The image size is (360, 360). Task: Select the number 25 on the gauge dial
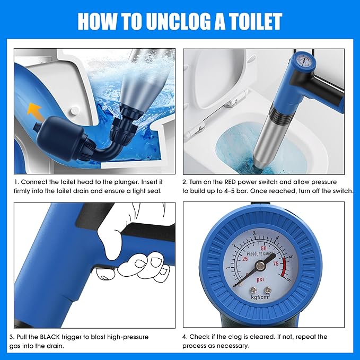click(245, 259)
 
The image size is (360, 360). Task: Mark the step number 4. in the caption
click(185, 337)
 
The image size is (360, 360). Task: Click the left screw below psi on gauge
click(253, 289)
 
